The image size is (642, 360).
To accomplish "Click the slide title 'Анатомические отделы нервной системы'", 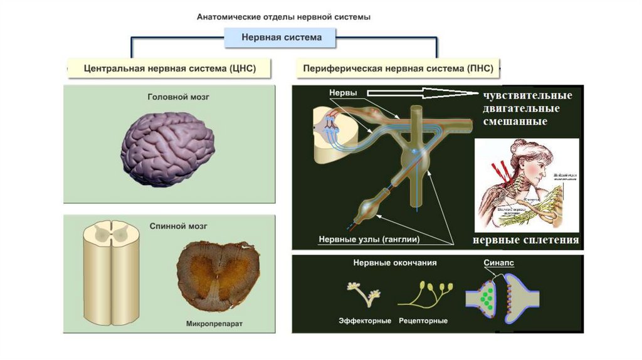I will (x=284, y=17).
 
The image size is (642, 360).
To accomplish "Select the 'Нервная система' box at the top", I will (x=282, y=38).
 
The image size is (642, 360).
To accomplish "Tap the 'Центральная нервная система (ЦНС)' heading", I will (x=170, y=68).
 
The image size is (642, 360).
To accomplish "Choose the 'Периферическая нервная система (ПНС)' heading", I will (x=398, y=68).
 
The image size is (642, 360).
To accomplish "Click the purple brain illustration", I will (x=167, y=147).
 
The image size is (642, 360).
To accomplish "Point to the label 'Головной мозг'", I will (x=169, y=98).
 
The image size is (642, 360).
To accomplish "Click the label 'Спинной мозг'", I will (x=169, y=226).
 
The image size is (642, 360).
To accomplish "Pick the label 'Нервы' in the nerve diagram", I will (x=343, y=93).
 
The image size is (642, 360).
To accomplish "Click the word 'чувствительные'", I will (x=527, y=96).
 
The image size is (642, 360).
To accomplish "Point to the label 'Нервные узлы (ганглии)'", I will (x=369, y=240).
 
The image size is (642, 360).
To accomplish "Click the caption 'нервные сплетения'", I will (x=526, y=240).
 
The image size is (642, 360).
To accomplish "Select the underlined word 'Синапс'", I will (x=499, y=264).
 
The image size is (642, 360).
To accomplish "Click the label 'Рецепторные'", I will (x=423, y=321).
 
